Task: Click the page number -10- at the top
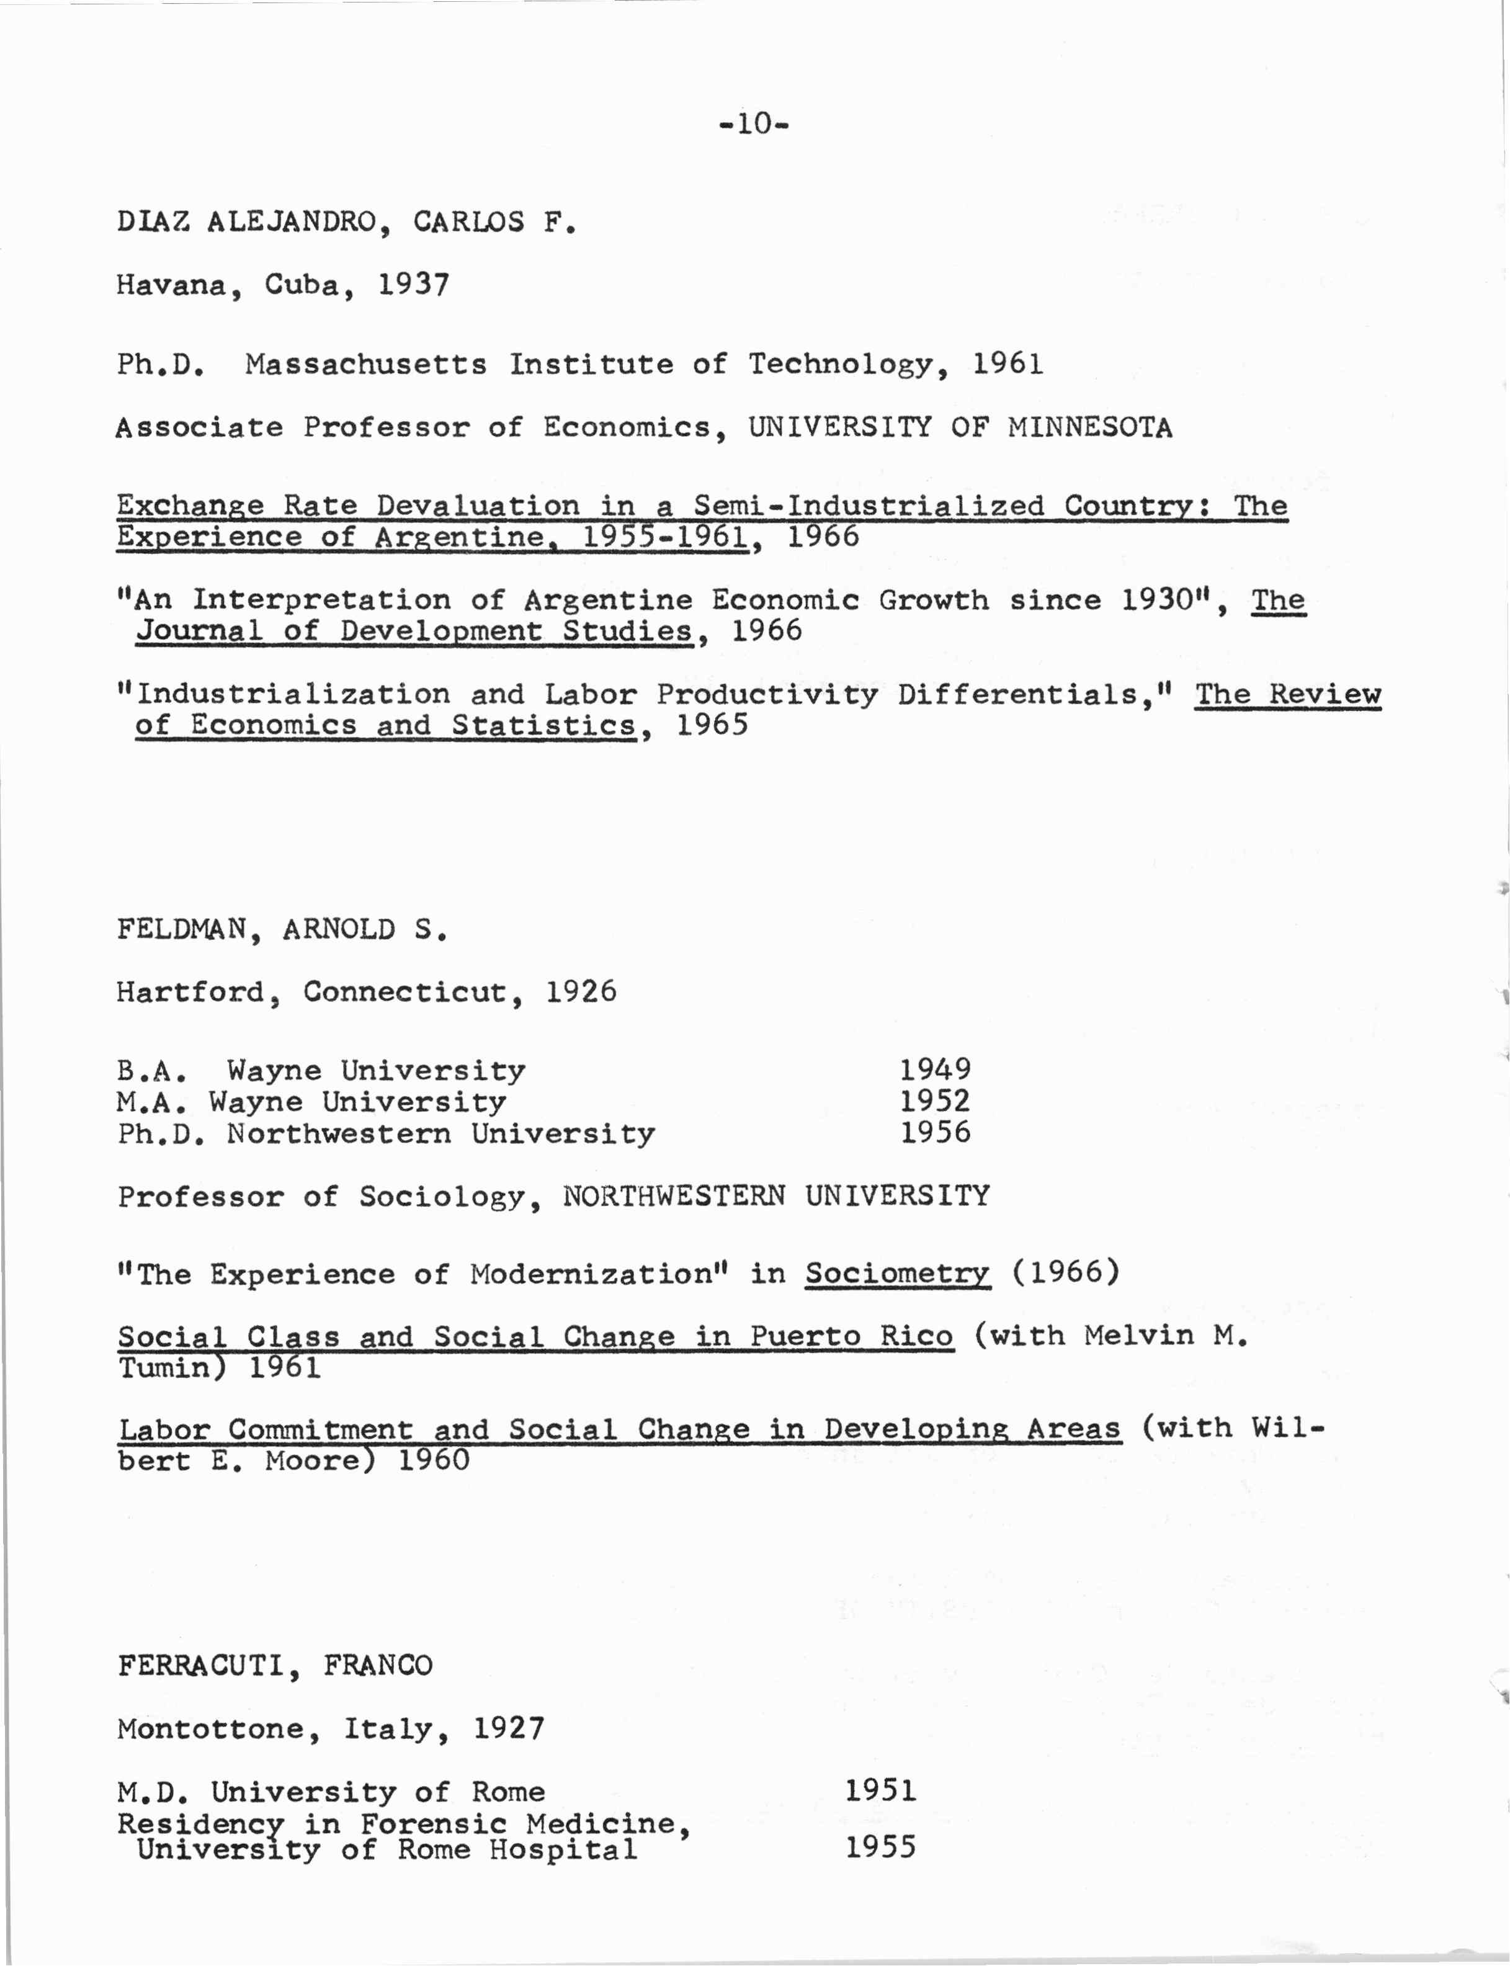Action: point(754,123)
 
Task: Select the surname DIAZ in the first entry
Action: point(153,221)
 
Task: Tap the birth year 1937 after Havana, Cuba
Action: point(413,285)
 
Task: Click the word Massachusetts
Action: point(366,364)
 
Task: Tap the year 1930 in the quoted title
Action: point(1157,599)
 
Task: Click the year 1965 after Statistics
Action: point(712,725)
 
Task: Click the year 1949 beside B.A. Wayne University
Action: point(936,1070)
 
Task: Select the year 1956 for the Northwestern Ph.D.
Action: point(936,1133)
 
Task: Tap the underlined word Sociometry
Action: point(897,1274)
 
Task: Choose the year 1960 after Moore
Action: point(433,1460)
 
